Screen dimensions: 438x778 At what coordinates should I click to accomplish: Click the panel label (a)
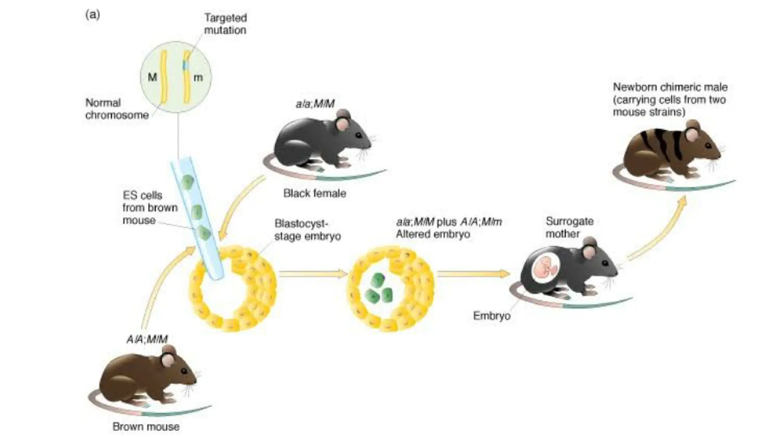pyautogui.click(x=93, y=15)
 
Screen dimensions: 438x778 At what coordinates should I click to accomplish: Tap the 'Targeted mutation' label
pyautogui.click(x=225, y=24)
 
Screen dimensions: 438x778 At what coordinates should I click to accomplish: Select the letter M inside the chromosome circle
pyautogui.click(x=152, y=78)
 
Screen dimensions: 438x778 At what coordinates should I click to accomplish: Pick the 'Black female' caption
pyautogui.click(x=315, y=194)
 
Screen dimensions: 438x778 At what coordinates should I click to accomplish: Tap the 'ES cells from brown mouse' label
pyautogui.click(x=149, y=208)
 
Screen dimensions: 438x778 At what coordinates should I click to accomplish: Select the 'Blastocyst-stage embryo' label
pyautogui.click(x=307, y=230)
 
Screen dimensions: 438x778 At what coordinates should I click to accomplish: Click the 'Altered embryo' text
pyautogui.click(x=433, y=234)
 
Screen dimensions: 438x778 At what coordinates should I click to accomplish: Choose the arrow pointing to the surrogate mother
pyautogui.click(x=473, y=274)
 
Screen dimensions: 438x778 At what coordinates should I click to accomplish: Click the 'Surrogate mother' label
pyautogui.click(x=569, y=227)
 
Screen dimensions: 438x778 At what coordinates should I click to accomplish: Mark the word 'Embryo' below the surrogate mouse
pyautogui.click(x=492, y=316)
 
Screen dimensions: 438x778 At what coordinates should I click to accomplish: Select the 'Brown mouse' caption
pyautogui.click(x=146, y=427)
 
